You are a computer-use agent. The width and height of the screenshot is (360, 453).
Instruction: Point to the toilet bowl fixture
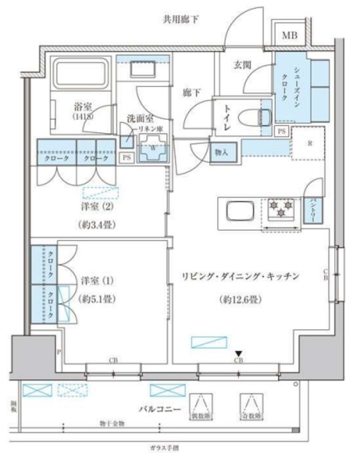pos(252,117)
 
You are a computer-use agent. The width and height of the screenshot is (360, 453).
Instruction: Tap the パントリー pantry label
pos(310,211)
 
